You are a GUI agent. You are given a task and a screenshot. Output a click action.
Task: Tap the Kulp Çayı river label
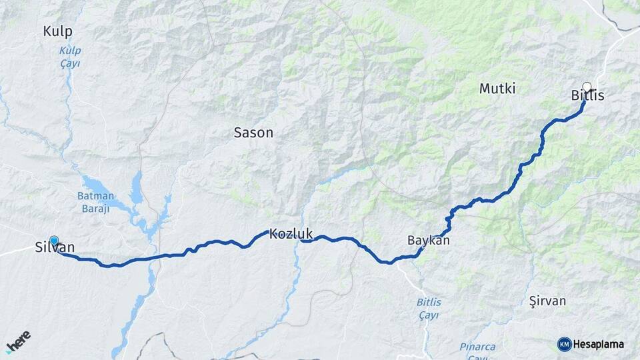coord(69,57)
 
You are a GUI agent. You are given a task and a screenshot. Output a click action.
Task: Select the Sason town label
coord(253,133)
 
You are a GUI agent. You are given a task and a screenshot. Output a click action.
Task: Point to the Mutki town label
coord(497,89)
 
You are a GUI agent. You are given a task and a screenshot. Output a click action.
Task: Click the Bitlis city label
coord(587,97)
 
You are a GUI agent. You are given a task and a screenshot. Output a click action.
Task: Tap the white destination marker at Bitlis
coord(587,87)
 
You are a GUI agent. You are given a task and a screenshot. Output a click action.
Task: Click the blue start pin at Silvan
coord(54,241)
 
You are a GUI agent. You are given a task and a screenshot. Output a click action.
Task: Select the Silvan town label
coord(55,249)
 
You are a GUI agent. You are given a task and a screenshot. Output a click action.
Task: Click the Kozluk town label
coord(291,235)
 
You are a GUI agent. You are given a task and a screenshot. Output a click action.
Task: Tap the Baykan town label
coord(428,241)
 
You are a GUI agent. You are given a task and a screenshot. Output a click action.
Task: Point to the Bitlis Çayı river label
coord(429,308)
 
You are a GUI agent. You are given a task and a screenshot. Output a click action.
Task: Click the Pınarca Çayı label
coord(477,351)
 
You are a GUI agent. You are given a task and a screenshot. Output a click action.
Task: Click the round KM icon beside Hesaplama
coord(564,344)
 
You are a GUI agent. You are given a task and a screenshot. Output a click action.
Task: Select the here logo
coord(18,340)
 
